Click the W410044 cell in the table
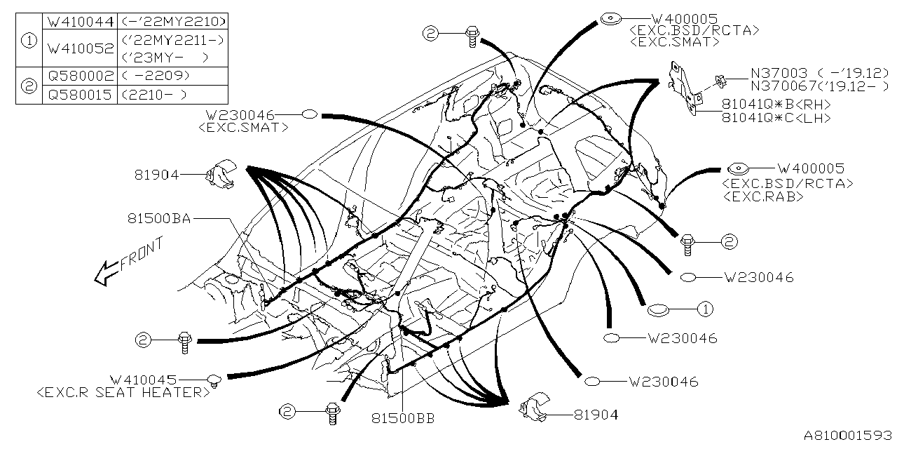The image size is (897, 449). click(79, 22)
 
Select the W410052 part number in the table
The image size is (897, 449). click(79, 48)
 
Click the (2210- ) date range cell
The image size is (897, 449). click(155, 95)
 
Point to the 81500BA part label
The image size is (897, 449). click(159, 219)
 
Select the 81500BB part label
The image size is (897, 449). click(403, 419)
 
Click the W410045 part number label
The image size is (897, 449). click(143, 379)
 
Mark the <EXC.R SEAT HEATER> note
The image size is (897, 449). click(123, 392)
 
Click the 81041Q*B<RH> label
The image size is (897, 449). click(776, 104)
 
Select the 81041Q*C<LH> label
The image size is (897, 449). click(776, 118)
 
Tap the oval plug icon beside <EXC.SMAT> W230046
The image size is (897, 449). click(310, 114)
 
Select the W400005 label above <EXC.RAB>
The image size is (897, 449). click(811, 168)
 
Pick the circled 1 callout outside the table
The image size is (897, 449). click(705, 309)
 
